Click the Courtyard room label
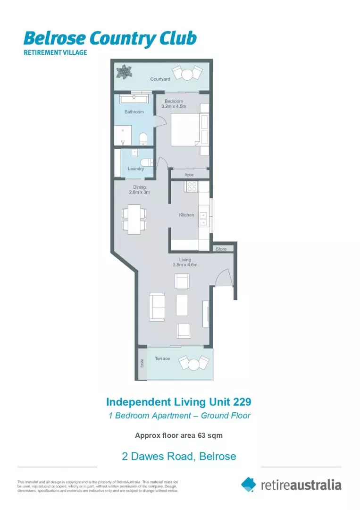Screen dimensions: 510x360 (160, 79)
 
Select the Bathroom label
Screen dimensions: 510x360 (134, 112)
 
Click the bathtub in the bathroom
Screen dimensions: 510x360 (134, 99)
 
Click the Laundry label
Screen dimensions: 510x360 (135, 169)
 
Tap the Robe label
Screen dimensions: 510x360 (189, 175)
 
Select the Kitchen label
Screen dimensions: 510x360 (186, 215)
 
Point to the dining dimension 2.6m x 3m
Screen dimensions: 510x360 (139, 192)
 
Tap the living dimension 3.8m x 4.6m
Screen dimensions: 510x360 (184, 265)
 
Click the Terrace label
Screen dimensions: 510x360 (162, 359)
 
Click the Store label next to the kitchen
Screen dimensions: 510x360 (221, 248)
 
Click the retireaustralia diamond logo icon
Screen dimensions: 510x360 (249, 484)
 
